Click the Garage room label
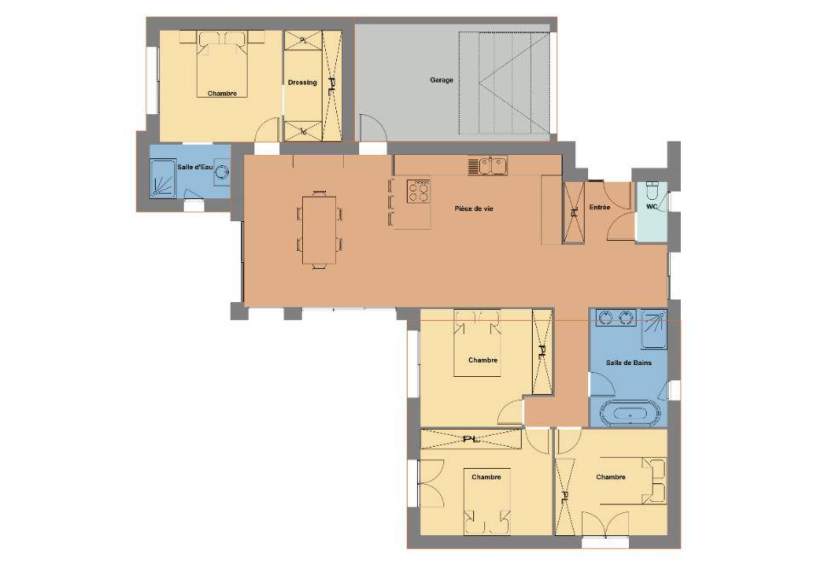point(442,80)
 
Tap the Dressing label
point(302,83)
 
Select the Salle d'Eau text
point(195,167)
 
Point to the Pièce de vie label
point(474,208)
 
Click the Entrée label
point(600,208)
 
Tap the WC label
point(652,207)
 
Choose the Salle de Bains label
point(628,362)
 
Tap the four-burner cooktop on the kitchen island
point(419,191)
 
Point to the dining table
point(319,230)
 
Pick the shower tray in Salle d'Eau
point(163,179)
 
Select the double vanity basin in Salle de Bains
point(616,317)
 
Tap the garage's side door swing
point(373,127)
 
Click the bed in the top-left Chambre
point(222,65)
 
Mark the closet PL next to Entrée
point(574,213)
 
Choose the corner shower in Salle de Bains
point(654,329)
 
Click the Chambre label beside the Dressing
point(222,94)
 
